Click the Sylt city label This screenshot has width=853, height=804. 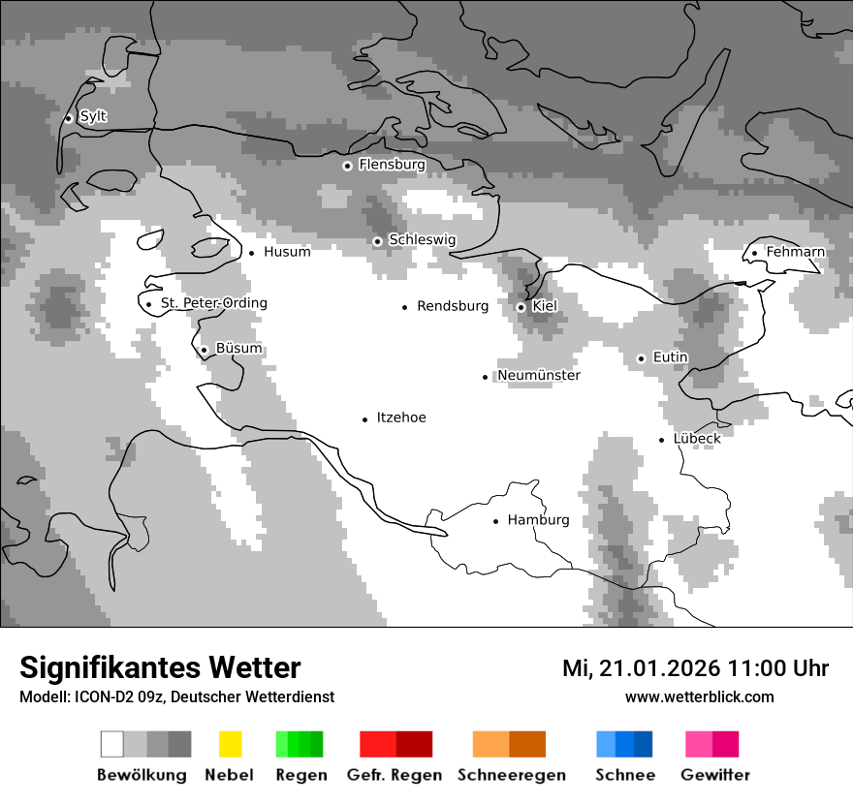tap(93, 117)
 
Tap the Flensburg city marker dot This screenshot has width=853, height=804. tap(347, 166)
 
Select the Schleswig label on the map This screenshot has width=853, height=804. tap(422, 240)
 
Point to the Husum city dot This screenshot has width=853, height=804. tap(251, 253)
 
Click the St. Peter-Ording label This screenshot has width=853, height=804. tap(213, 303)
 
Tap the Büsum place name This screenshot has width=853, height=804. tap(238, 349)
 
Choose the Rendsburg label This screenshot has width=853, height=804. tap(453, 306)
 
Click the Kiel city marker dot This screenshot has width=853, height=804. tap(521, 307)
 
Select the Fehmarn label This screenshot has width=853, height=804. tap(795, 252)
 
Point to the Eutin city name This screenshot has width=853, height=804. tap(670, 357)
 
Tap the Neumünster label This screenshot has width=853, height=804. tap(539, 376)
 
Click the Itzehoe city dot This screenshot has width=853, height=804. tap(365, 419)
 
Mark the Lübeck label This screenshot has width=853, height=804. tap(697, 439)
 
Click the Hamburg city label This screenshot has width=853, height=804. tap(538, 520)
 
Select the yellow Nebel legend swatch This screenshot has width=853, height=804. tap(230, 744)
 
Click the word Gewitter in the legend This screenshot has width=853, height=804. tap(714, 775)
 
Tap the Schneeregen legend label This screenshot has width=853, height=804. tap(512, 775)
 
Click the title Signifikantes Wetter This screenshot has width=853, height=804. tap(160, 667)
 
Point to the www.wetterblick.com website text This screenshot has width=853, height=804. tap(699, 696)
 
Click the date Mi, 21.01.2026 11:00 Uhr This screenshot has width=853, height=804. tap(695, 668)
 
